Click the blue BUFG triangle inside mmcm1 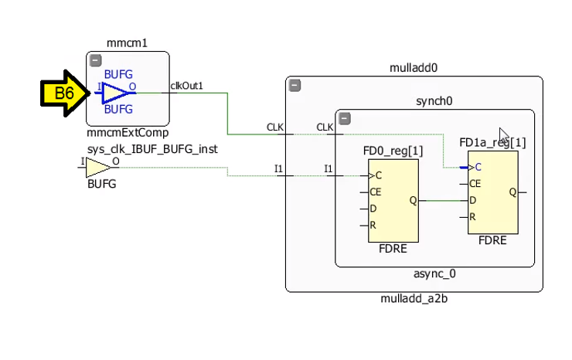pyautogui.click(x=116, y=93)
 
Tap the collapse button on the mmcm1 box pyautogui.click(x=95, y=60)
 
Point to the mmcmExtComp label pyautogui.click(x=128, y=132)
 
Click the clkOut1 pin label pyautogui.click(x=187, y=86)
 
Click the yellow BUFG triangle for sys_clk pyautogui.click(x=97, y=167)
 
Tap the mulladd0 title pyautogui.click(x=414, y=68)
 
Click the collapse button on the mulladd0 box pyautogui.click(x=295, y=85)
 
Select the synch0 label pyautogui.click(x=434, y=101)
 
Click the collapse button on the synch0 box pyautogui.click(x=345, y=119)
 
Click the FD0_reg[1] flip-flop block pyautogui.click(x=393, y=200)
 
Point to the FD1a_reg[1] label pyautogui.click(x=492, y=142)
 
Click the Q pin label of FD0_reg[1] pyautogui.click(x=412, y=200)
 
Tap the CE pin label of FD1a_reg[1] pyautogui.click(x=475, y=184)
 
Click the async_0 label pyautogui.click(x=435, y=273)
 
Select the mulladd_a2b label pyautogui.click(x=414, y=299)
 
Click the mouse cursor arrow pyautogui.click(x=504, y=134)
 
